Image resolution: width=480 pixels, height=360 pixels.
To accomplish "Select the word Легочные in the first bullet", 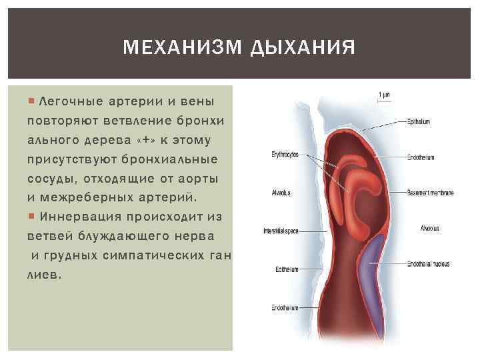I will pos(66,101).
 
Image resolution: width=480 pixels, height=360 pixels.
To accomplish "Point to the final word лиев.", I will pos(43,274).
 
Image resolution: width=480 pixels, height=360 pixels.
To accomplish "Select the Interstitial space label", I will pos(281,231).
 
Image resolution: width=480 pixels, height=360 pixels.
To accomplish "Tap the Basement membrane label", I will pos(430,193).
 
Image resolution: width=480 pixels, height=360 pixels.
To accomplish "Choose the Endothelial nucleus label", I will pos(428,264).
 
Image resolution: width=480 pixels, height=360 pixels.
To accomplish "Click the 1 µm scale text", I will pos(385,95).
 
